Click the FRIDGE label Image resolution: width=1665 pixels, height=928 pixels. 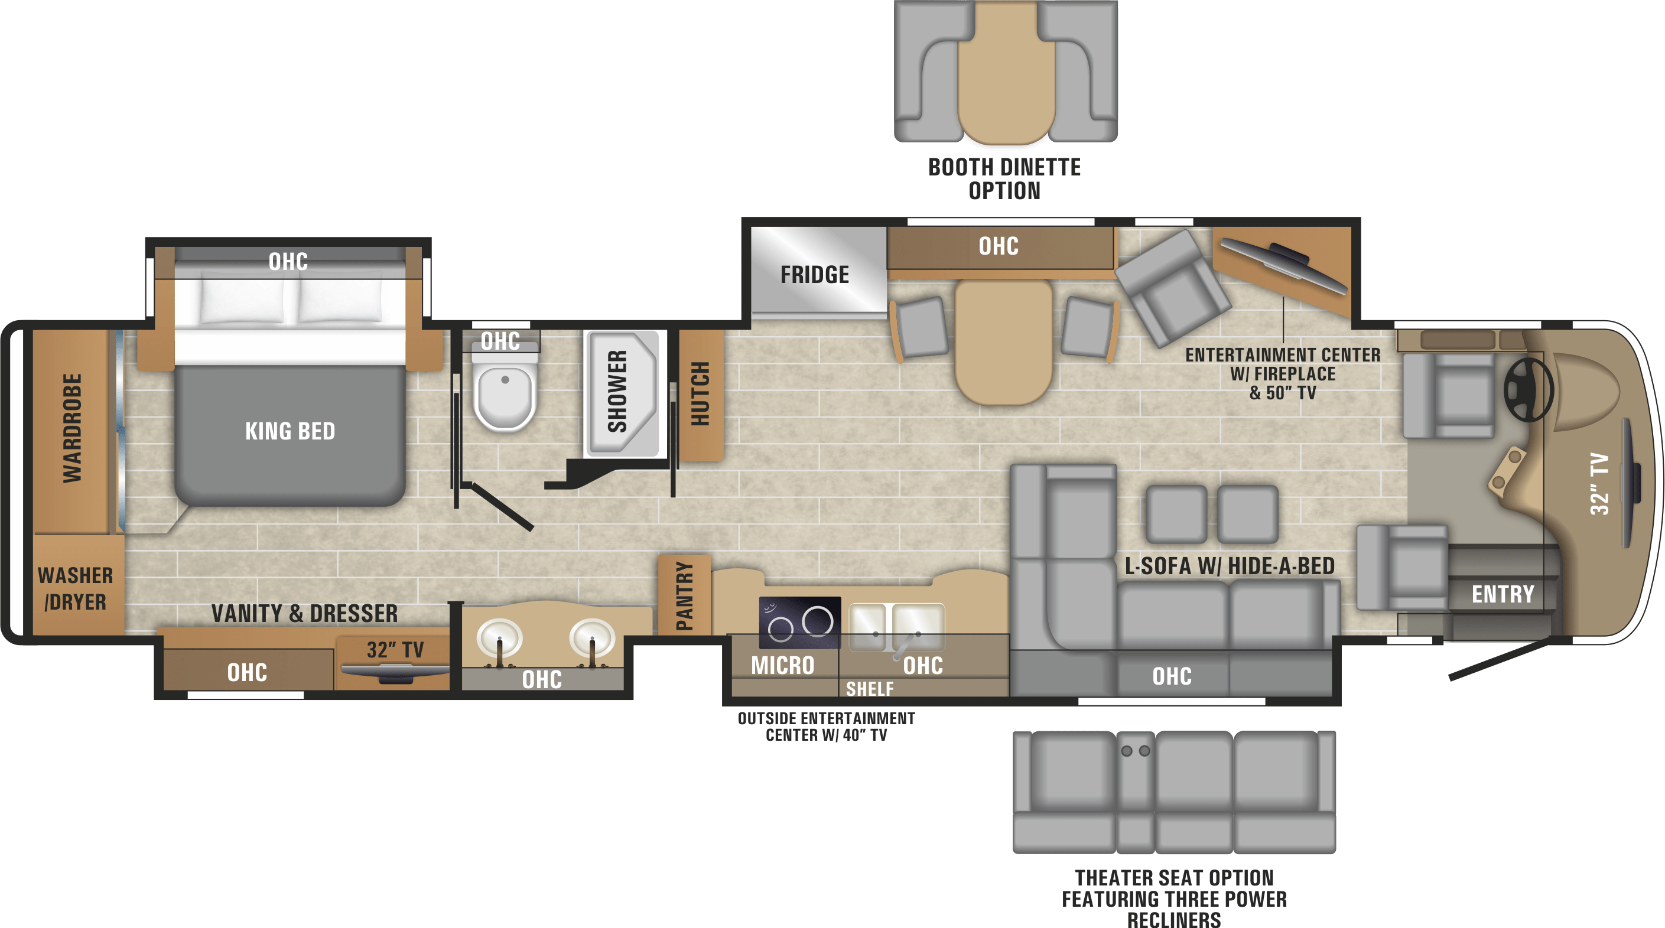tap(814, 275)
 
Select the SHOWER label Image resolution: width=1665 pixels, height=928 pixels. tap(618, 392)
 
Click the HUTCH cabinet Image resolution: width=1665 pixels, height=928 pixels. tap(701, 393)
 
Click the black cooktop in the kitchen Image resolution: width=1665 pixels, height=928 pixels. tap(799, 621)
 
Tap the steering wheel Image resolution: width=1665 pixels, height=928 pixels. tap(1528, 390)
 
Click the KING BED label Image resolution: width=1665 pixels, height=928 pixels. tap(290, 431)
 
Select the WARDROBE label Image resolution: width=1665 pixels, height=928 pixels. tap(73, 428)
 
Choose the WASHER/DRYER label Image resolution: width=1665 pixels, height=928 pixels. tap(76, 589)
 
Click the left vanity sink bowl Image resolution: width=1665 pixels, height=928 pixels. tap(499, 637)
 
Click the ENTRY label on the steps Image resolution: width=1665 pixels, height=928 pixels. tap(1503, 594)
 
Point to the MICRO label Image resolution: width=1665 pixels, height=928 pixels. tap(782, 666)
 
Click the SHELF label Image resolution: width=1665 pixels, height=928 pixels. tap(869, 689)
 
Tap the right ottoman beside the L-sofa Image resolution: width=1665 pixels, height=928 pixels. tap(1247, 514)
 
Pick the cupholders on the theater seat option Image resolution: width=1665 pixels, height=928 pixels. tap(1135, 751)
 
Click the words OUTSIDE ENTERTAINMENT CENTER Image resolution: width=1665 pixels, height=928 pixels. tap(826, 719)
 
